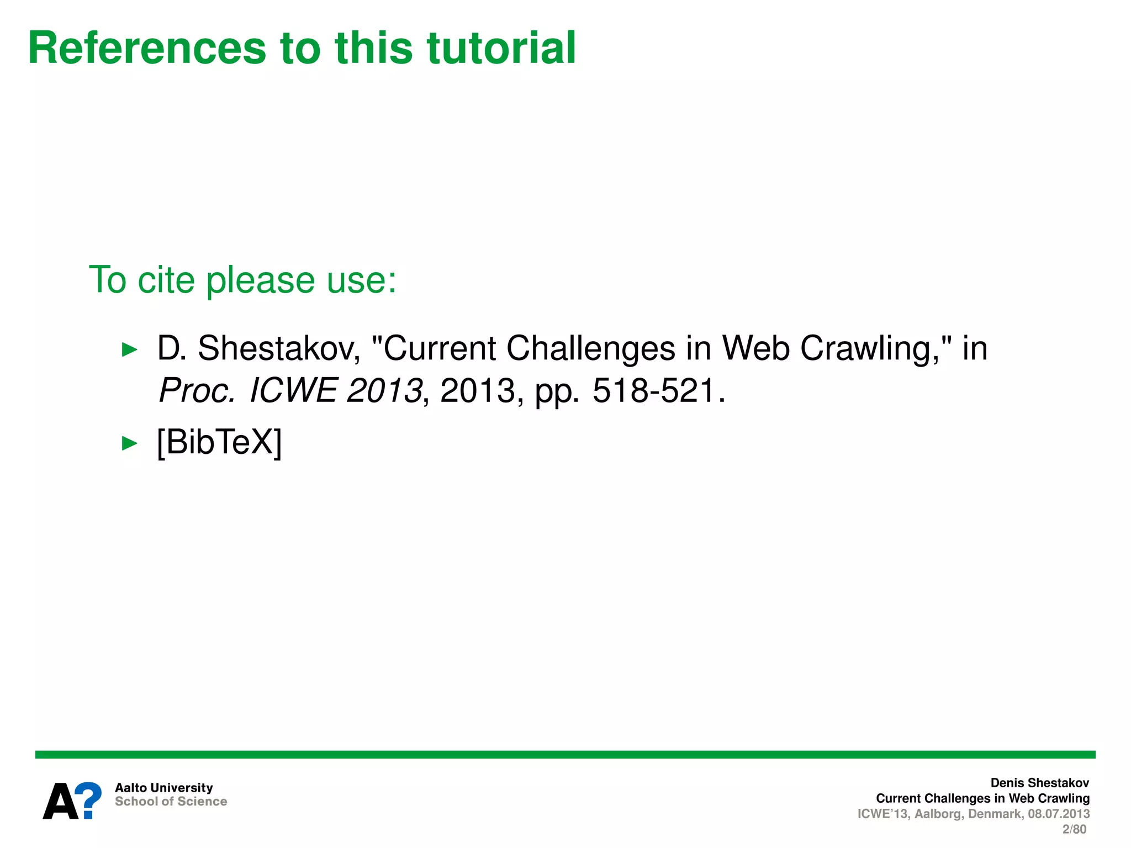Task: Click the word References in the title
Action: coord(147,48)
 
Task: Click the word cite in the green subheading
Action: coord(166,280)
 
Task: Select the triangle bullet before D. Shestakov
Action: coord(129,349)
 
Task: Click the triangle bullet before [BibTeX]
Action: coord(129,443)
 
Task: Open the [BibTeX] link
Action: coord(219,442)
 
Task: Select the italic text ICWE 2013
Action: coord(336,391)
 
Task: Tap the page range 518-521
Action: coord(654,391)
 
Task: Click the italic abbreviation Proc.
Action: coord(197,391)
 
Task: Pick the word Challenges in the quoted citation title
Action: coord(591,349)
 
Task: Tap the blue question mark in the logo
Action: coord(88,800)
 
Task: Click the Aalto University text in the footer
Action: coord(163,788)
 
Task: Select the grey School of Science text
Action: coord(171,802)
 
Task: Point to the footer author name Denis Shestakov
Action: coord(1039,783)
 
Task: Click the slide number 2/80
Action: coord(1074,829)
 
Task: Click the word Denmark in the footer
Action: coord(995,814)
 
